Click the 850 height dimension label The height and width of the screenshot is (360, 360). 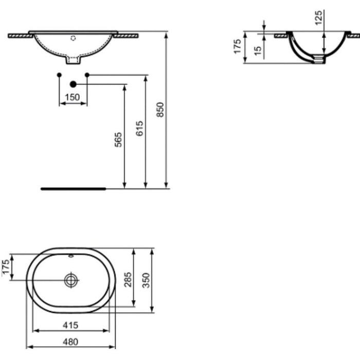click(x=160, y=110)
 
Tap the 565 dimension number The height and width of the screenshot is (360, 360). click(x=118, y=140)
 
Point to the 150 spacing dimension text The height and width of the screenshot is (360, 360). click(x=73, y=97)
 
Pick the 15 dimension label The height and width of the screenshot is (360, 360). click(x=258, y=50)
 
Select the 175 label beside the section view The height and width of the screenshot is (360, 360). click(x=237, y=46)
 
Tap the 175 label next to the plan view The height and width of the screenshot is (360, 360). click(x=6, y=268)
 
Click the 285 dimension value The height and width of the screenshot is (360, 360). click(x=129, y=279)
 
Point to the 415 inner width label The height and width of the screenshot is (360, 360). click(x=70, y=325)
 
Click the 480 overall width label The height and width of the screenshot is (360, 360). click(x=70, y=341)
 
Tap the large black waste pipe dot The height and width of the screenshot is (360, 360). click(x=73, y=84)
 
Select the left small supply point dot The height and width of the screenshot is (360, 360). click(x=59, y=75)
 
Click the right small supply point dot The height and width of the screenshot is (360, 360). click(x=87, y=75)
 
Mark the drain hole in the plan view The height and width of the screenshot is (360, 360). click(x=70, y=279)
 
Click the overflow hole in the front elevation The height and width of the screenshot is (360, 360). click(x=73, y=38)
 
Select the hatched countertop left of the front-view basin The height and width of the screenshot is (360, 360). click(x=19, y=35)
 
